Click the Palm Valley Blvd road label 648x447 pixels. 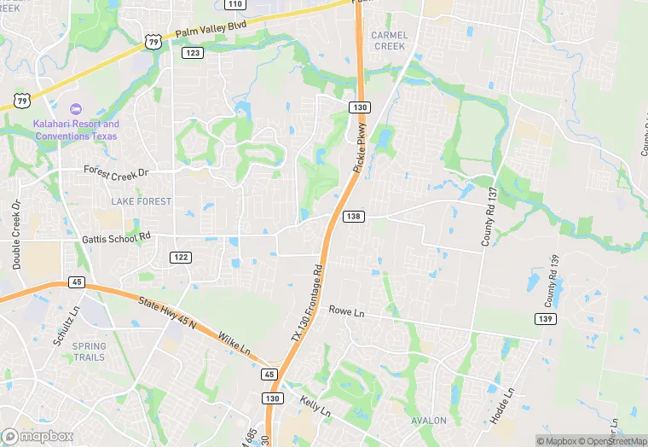(x=211, y=29)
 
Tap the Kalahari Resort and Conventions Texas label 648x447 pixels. (x=76, y=130)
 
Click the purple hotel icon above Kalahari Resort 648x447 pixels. (x=75, y=109)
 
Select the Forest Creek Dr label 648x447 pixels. (x=116, y=171)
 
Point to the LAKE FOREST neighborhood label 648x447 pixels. (x=141, y=201)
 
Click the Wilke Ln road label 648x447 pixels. (x=234, y=344)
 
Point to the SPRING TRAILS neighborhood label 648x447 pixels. (x=89, y=351)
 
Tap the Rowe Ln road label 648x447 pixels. (x=347, y=312)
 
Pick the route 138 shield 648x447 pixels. (x=354, y=217)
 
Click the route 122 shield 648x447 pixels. (x=180, y=257)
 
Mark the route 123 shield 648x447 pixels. (x=193, y=53)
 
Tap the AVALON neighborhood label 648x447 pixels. (x=428, y=421)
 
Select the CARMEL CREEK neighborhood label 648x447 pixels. (x=390, y=41)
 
